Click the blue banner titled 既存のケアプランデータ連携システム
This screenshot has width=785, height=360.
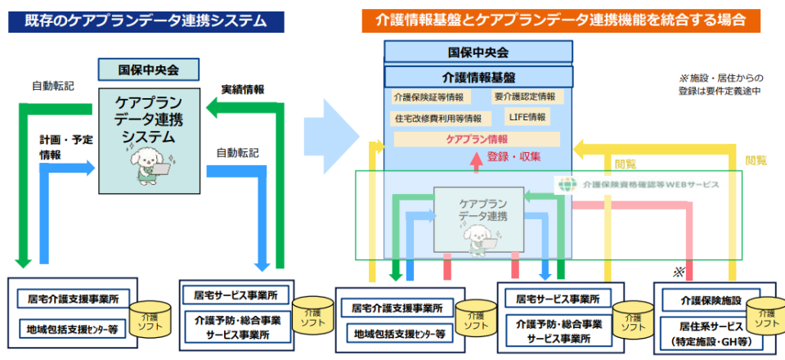pos(146,20)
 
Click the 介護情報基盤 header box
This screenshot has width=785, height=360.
pos(478,77)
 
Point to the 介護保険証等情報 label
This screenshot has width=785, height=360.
pos(428,97)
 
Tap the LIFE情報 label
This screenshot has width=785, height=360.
pos(527,117)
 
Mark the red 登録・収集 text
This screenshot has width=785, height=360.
pos(514,156)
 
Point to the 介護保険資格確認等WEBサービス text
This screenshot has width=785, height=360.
pos(651,185)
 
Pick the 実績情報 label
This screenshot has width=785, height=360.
pos(243,89)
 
